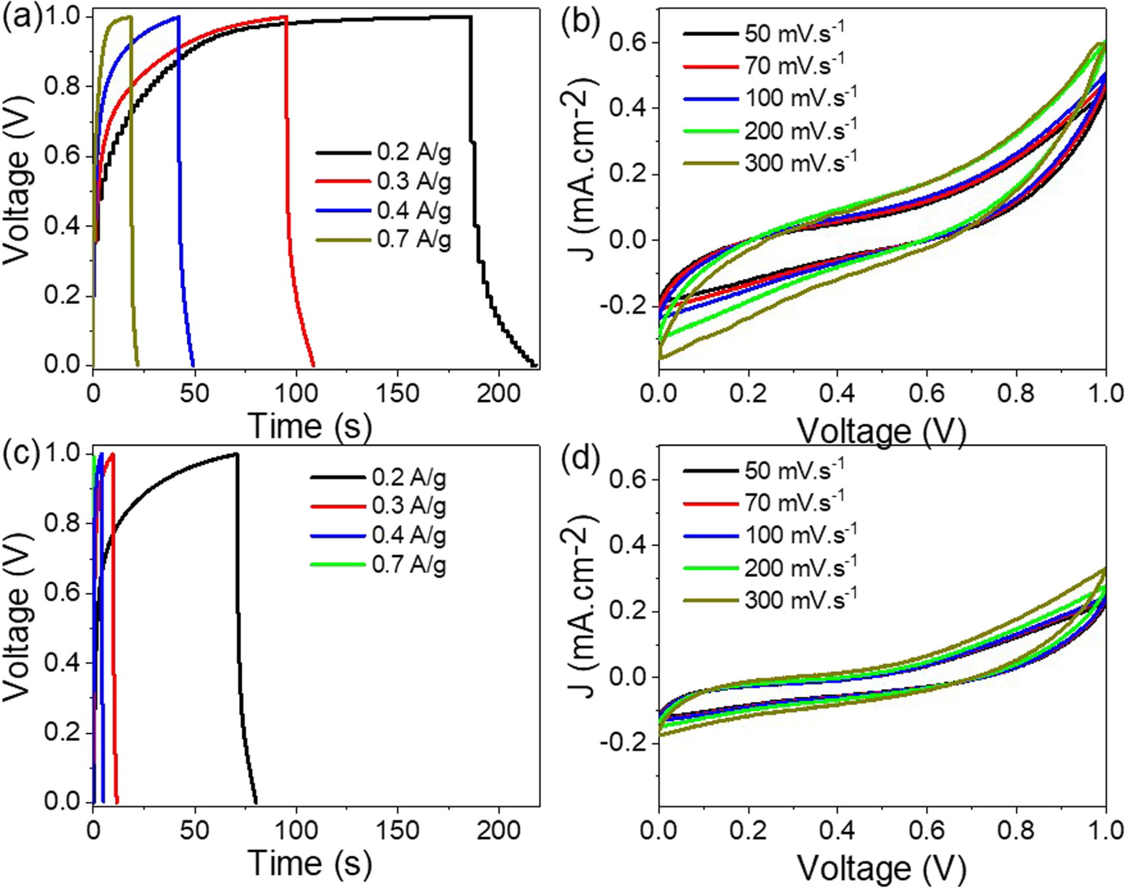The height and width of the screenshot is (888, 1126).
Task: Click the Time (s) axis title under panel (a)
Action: tap(309, 426)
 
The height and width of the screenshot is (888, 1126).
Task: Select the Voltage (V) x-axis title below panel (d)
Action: tap(881, 868)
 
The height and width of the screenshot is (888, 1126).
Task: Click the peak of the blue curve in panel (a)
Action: tap(178, 17)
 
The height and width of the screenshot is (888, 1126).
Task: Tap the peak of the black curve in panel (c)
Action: tap(236, 454)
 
